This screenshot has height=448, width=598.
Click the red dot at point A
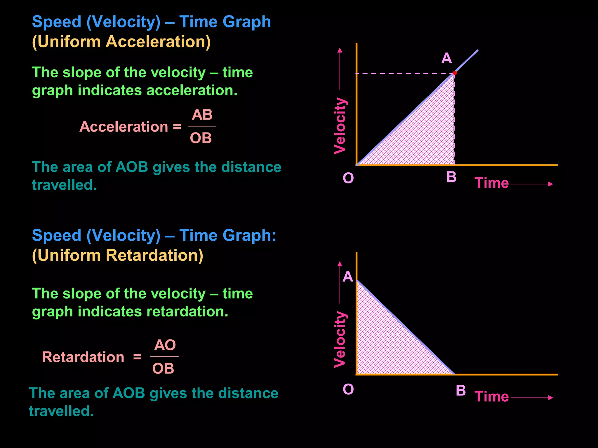pyautogui.click(x=455, y=73)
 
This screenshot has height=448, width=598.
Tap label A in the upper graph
pyautogui.click(x=446, y=58)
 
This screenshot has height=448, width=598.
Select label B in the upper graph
pyautogui.click(x=451, y=177)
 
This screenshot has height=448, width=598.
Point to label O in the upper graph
pyautogui.click(x=348, y=178)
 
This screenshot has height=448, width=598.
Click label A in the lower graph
pyautogui.click(x=348, y=276)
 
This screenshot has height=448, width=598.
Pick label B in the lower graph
pyautogui.click(x=461, y=390)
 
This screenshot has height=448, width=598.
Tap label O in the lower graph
pyautogui.click(x=348, y=389)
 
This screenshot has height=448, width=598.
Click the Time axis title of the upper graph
pyautogui.click(x=492, y=183)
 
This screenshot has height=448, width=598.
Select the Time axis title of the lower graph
pyautogui.click(x=492, y=397)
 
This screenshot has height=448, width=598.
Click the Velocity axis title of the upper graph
pyautogui.click(x=340, y=126)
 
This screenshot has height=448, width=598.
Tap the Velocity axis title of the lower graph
pyautogui.click(x=340, y=339)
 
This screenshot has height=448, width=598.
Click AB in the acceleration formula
pyautogui.click(x=202, y=115)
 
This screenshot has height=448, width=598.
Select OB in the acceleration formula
pyautogui.click(x=201, y=138)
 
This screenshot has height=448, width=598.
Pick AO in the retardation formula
pyautogui.click(x=165, y=345)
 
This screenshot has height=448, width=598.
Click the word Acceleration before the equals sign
pyautogui.click(x=124, y=127)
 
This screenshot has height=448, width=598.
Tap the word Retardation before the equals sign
pyautogui.click(x=83, y=357)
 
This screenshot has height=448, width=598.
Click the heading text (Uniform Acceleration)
pyautogui.click(x=121, y=42)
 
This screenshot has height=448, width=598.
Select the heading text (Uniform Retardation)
pyautogui.click(x=118, y=255)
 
